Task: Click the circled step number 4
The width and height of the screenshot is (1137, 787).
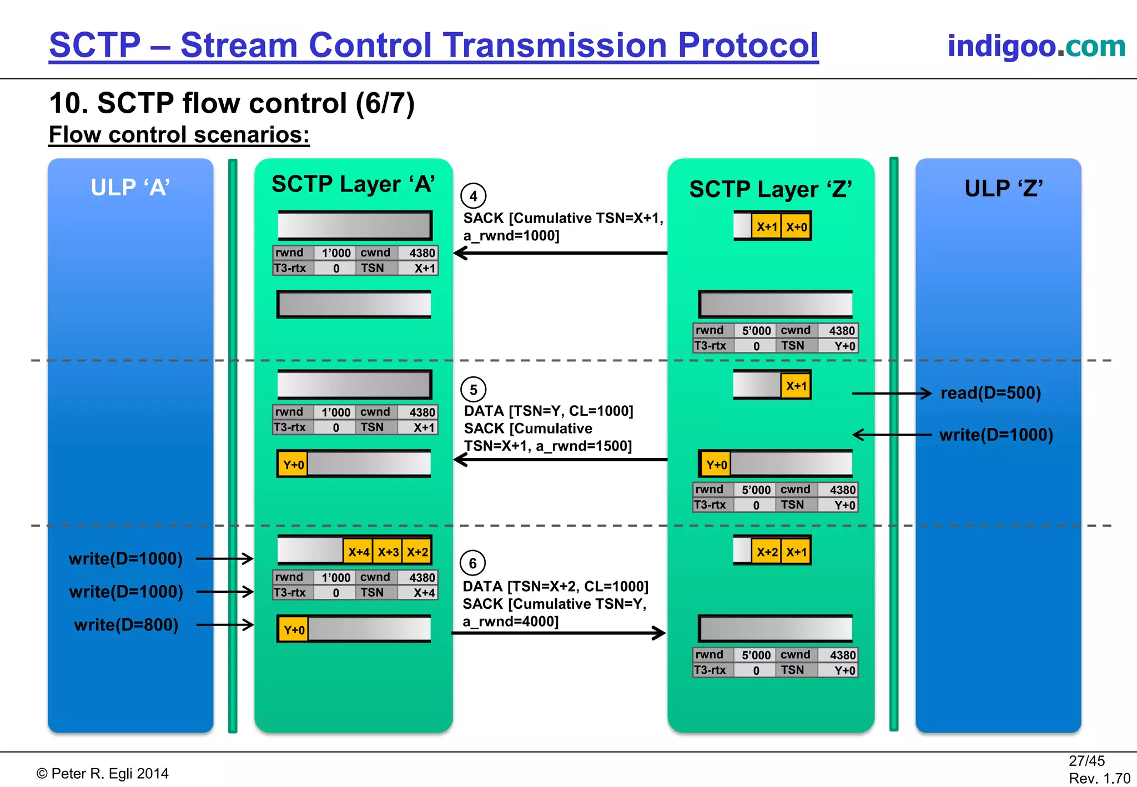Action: (473, 196)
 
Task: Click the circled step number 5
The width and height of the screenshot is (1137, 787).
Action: (473, 390)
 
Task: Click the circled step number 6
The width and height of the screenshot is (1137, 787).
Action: (472, 563)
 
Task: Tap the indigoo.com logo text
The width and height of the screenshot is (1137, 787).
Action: (1036, 46)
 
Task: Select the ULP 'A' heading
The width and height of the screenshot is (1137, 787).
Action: (130, 188)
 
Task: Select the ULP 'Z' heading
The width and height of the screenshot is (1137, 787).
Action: (1003, 189)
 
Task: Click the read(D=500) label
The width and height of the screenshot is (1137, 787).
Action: (990, 393)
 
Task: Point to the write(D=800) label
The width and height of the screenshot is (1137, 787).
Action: (126, 625)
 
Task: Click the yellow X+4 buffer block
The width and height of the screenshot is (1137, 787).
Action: (358, 552)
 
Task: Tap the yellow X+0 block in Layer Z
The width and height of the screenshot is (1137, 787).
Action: (796, 227)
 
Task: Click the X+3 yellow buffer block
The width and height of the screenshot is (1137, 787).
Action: (388, 552)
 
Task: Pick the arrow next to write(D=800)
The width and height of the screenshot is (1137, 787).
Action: (225, 625)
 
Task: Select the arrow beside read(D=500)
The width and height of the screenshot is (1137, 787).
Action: (892, 393)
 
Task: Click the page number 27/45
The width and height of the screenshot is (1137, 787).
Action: (1086, 761)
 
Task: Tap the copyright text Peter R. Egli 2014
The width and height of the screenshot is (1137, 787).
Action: (103, 774)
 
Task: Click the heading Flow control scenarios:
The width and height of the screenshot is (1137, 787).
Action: (179, 135)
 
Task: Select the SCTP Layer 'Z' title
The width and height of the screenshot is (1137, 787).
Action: (771, 189)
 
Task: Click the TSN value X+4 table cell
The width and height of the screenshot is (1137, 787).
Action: (424, 593)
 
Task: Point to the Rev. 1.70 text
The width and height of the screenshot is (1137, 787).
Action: (1099, 778)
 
